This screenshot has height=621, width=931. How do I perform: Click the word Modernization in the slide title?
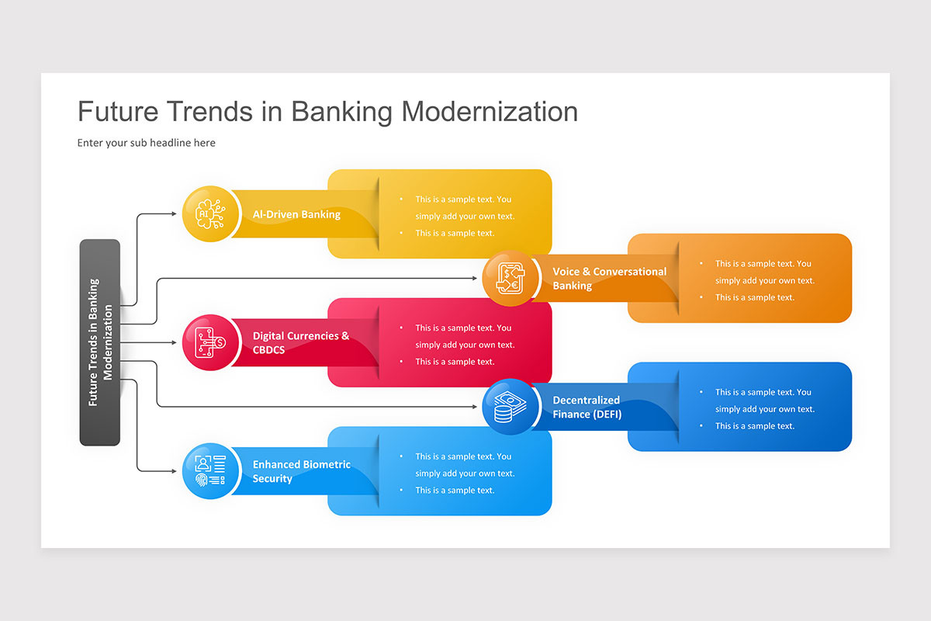pos(490,112)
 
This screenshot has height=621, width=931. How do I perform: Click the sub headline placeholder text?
pos(147,143)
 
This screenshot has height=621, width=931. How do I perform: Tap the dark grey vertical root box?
pos(100,342)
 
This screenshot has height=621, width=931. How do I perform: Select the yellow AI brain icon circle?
pos(211,213)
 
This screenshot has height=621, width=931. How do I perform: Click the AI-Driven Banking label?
pos(296,214)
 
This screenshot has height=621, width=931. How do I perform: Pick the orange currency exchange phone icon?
pos(510,278)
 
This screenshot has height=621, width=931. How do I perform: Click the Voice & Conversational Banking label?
pos(609,278)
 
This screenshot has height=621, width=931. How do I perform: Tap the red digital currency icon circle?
pos(211,342)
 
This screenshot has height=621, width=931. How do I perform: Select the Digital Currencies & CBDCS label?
pos(301,343)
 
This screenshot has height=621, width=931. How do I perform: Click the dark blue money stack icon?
pos(510,407)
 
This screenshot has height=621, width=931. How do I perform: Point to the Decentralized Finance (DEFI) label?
pos(587,407)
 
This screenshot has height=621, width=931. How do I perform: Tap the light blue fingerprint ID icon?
pos(211,471)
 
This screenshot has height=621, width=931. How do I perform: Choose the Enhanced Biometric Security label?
pos(301,471)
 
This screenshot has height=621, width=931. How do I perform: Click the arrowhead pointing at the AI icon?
pos(173,213)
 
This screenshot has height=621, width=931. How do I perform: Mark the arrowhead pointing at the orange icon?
pos(473,278)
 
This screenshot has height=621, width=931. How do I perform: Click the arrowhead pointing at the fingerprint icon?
pos(173,471)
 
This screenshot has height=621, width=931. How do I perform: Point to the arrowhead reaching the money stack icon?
pos(473,407)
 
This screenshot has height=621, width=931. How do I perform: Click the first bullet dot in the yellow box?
pos(401,199)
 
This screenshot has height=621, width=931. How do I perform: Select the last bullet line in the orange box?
pos(754,297)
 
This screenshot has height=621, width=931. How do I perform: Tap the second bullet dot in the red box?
pos(401,362)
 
